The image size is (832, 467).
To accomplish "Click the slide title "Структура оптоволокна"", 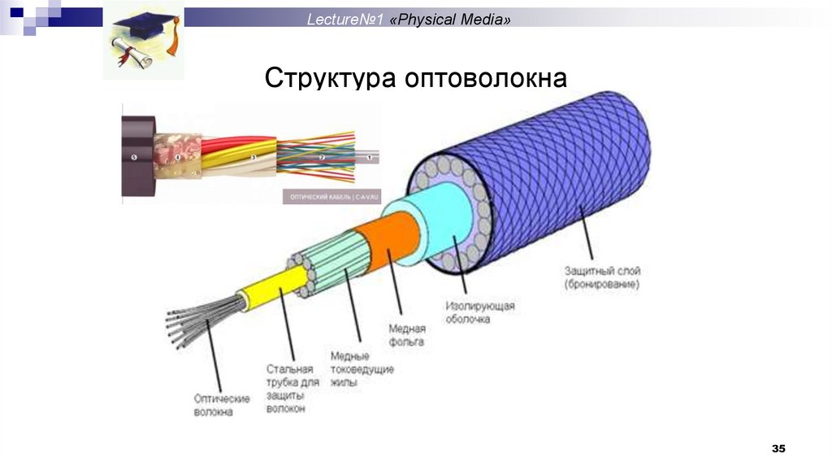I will click(x=415, y=79).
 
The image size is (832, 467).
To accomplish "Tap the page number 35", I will click(x=778, y=449).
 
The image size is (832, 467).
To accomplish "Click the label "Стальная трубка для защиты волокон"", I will click(x=288, y=389).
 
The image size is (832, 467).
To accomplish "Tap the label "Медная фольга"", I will click(x=407, y=336).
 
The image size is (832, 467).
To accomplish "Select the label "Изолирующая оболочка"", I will click(x=479, y=312).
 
